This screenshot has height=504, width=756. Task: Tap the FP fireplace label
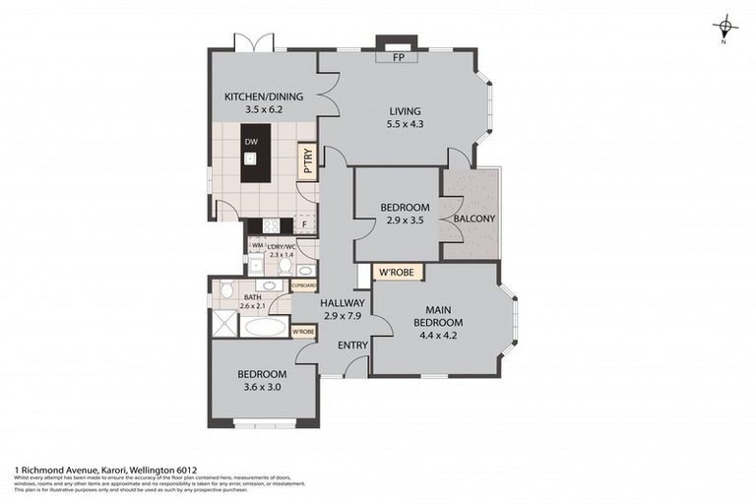pyautogui.click(x=399, y=58)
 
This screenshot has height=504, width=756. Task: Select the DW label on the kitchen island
pyautogui.click(x=251, y=142)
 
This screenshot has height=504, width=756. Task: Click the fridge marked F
pyautogui.click(x=305, y=224)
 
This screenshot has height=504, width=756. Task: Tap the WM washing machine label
pyautogui.click(x=257, y=245)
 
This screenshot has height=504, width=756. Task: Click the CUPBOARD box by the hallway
pyautogui.click(x=303, y=285)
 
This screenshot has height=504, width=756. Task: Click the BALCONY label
pyautogui.click(x=474, y=218)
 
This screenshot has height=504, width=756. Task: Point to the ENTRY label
pyautogui.click(x=352, y=346)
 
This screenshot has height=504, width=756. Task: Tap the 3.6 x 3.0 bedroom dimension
pyautogui.click(x=262, y=388)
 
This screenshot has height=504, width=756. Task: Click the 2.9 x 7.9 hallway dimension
pyautogui.click(x=342, y=316)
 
